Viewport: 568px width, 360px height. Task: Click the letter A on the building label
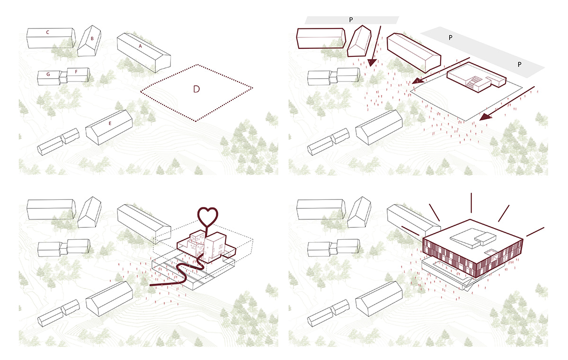point(140,46)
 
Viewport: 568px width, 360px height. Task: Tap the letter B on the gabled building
point(93,38)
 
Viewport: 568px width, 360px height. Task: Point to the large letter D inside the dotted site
point(196,89)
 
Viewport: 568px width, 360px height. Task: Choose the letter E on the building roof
point(110,124)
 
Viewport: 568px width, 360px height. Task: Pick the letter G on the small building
point(48,74)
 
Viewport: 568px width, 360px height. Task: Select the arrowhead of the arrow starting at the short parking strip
point(372,63)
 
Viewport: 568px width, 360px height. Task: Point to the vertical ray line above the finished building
point(471,203)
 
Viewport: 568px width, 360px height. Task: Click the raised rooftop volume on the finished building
point(467,237)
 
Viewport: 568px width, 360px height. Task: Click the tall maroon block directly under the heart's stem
point(217,247)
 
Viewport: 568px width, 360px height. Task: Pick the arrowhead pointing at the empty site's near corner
point(484,117)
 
